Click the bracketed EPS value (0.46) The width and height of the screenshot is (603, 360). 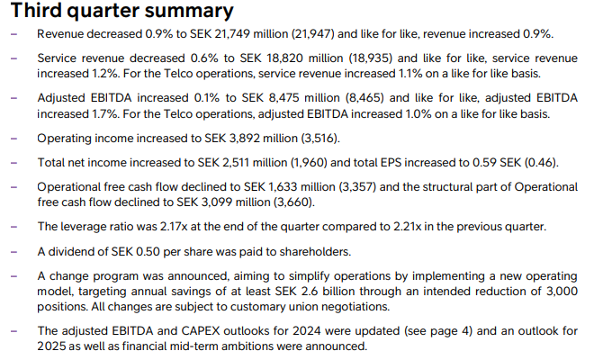(x=539, y=162)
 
